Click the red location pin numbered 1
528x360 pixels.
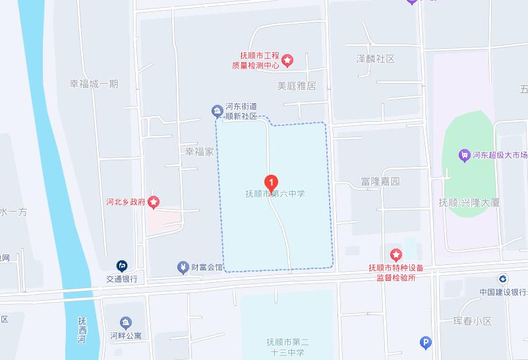click(270, 182)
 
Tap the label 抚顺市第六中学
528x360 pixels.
click(276, 194)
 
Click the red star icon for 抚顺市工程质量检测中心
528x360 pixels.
click(287, 61)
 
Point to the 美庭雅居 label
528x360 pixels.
click(297, 86)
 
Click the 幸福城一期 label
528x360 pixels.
click(94, 84)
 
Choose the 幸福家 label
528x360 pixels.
click(200, 152)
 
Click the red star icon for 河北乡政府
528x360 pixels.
click(154, 202)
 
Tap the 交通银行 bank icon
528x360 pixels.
click(122, 266)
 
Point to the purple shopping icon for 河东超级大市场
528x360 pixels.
click(464, 156)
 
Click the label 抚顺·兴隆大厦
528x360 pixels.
click(469, 202)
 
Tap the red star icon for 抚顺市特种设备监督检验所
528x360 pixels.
click(396, 255)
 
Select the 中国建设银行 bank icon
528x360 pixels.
click(502, 280)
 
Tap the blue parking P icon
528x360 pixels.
click(426, 342)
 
